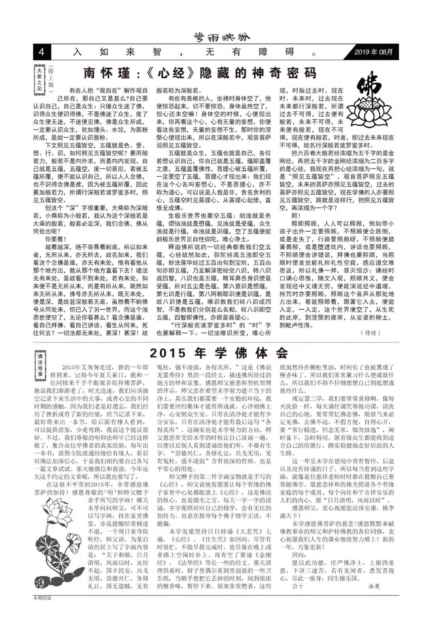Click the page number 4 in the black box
tap(42, 52)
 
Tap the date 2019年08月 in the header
tap(373, 52)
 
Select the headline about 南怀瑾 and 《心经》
tap(200, 73)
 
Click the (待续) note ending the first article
tap(370, 333)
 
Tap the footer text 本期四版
tap(42, 598)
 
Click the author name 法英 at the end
tap(374, 586)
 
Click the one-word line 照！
tap(296, 216)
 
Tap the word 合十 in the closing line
tap(298, 586)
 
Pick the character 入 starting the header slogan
tap(77, 52)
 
